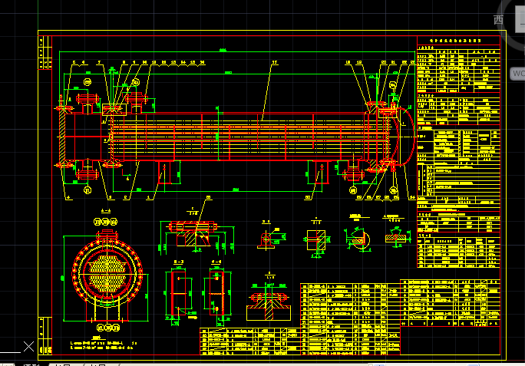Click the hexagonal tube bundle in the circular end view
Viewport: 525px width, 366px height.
[107, 272]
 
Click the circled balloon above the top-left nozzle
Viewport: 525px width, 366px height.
[87, 81]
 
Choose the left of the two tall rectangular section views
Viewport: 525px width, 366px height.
[177, 294]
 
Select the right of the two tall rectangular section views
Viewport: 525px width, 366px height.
[216, 294]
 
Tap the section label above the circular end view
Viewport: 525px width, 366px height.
[106, 210]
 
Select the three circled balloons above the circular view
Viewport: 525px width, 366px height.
[106, 223]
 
